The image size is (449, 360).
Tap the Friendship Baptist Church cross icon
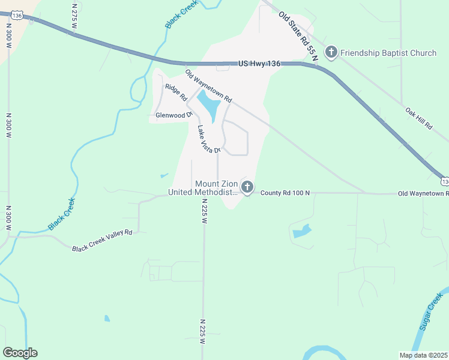click(331, 53)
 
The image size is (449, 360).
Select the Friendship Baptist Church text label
click(388, 53)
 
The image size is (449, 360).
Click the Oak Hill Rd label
click(419, 119)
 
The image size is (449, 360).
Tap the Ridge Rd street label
click(176, 92)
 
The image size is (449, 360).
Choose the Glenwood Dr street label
click(173, 115)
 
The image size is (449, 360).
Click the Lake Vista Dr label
click(209, 139)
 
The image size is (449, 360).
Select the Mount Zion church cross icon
click(247, 187)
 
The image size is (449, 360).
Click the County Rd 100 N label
click(285, 193)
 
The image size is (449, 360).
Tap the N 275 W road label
click(75, 13)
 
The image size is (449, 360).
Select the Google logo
click(20, 353)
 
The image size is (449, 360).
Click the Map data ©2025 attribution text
click(423, 355)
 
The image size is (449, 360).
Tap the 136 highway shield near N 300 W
click(17, 16)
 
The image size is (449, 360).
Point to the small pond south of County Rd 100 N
click(302, 231)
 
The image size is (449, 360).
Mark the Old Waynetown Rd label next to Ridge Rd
click(208, 86)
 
